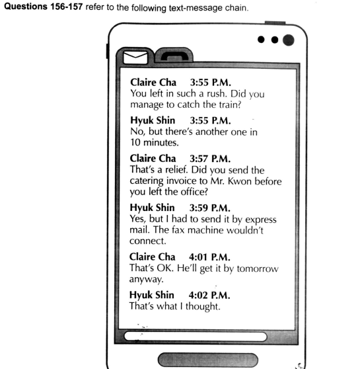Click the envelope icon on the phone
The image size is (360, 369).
(135, 57)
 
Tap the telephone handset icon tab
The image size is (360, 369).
(174, 56)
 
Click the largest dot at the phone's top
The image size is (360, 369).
(288, 40)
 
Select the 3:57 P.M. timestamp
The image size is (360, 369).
(210, 159)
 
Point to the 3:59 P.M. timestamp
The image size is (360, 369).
(210, 208)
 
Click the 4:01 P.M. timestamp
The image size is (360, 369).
(209, 257)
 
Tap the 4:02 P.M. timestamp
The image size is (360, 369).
(209, 295)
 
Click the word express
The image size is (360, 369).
(261, 220)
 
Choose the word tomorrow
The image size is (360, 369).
(258, 268)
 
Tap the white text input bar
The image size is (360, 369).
(196, 337)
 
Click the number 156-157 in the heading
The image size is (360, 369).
(66, 7)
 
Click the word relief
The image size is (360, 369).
(176, 169)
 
